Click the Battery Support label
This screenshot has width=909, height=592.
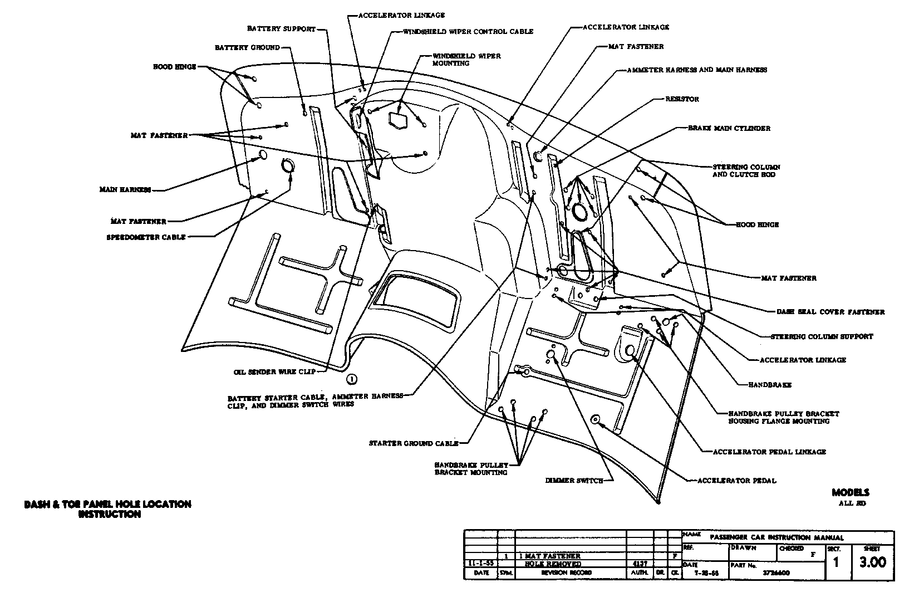click(282, 28)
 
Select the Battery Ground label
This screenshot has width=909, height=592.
click(247, 48)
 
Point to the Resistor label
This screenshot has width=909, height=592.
click(682, 99)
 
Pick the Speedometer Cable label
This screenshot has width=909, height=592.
click(146, 237)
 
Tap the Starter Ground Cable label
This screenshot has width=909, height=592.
click(414, 443)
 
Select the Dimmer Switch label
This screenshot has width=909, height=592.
click(574, 480)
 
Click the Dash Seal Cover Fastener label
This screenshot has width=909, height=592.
click(831, 312)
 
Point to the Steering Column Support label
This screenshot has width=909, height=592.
click(822, 336)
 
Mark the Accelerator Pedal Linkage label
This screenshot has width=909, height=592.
click(770, 452)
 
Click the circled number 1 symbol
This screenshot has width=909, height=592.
click(351, 379)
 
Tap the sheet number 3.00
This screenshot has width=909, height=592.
click(872, 563)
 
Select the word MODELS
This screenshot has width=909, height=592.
click(850, 492)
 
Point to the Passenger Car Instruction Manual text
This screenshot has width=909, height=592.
click(777, 537)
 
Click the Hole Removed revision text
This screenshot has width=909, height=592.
click(553, 564)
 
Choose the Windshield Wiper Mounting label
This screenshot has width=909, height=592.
click(466, 60)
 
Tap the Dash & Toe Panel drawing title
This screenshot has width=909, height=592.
click(107, 509)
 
